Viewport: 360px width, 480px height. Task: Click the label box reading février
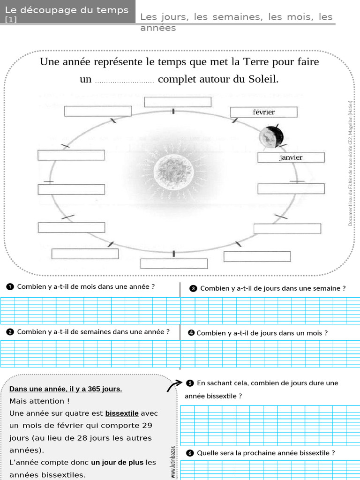263,112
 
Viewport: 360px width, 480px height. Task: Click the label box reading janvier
291,157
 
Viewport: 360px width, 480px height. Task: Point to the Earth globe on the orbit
271,136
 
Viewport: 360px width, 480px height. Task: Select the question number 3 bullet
193,288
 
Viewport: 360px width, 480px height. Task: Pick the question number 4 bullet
191,333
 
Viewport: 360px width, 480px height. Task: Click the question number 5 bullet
190,383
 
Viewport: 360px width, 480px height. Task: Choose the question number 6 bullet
190,453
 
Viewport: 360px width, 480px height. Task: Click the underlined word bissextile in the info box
122,413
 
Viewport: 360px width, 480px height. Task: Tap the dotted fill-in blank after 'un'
124,80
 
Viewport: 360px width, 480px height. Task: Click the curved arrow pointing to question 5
174,385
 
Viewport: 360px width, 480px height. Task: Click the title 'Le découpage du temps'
67,10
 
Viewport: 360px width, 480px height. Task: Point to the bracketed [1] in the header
10,20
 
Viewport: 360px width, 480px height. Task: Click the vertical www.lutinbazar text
173,462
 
